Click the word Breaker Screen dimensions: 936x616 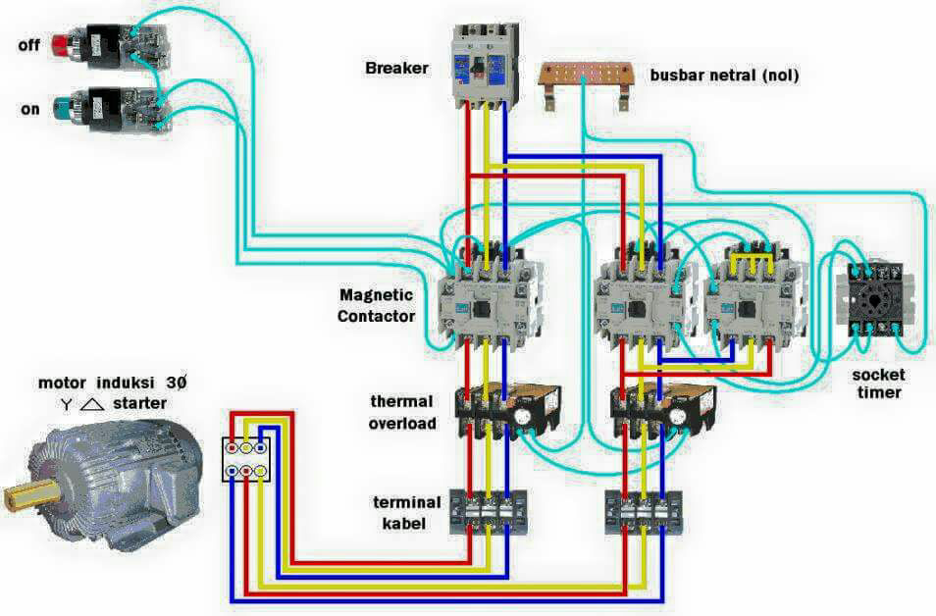(397, 68)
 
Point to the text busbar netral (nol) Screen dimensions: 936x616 (724, 76)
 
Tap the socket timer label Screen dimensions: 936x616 (879, 384)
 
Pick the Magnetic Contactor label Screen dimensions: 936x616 (376, 305)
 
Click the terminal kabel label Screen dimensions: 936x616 (407, 513)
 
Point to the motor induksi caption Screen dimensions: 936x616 (112, 383)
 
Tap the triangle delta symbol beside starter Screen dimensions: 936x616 (91, 405)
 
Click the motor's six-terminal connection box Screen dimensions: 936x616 (246, 459)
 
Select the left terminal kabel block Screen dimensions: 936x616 (489, 512)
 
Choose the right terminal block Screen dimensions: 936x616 (644, 512)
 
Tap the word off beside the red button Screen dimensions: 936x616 (28, 45)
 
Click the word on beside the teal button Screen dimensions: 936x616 (29, 110)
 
